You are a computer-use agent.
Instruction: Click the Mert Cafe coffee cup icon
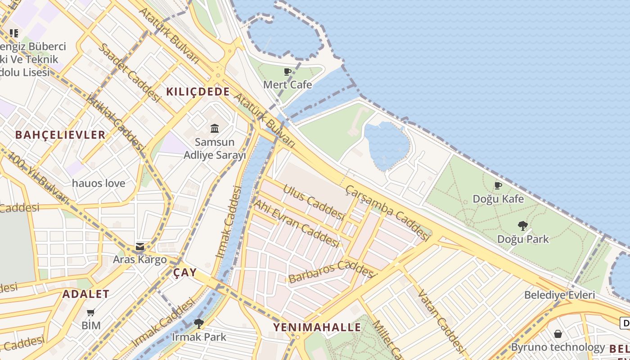tap(288, 72)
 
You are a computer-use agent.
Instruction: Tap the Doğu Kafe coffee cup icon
tap(498, 185)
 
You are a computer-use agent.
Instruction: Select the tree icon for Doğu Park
tap(522, 225)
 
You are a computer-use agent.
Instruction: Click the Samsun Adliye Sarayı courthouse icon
tap(215, 129)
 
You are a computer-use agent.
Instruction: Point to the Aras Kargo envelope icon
tap(140, 247)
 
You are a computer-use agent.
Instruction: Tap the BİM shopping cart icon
tap(91, 312)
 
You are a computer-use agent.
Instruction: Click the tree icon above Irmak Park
tap(198, 323)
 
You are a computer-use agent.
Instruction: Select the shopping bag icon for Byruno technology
tap(558, 333)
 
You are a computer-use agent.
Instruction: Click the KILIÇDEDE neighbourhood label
tap(198, 92)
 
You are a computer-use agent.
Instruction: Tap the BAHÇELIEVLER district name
tap(60, 135)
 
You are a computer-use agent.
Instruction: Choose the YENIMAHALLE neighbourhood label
tap(317, 327)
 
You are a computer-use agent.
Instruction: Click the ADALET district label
tap(86, 294)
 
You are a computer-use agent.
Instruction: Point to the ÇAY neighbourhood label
tap(185, 272)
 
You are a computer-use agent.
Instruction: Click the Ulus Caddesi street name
tap(314, 201)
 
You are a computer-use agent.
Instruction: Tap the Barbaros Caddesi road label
tap(332, 271)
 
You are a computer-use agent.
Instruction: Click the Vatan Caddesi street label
tap(441, 320)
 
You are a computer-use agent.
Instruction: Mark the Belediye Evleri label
tap(559, 295)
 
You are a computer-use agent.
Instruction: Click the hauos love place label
tap(99, 183)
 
